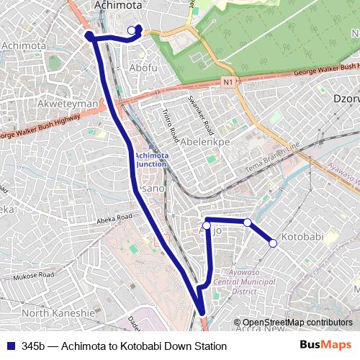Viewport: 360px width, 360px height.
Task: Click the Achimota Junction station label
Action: point(150,159)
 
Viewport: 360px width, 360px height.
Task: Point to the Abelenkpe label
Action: point(205,142)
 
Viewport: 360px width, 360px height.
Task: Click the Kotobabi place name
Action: point(302,237)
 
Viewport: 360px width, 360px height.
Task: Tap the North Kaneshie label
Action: point(58,313)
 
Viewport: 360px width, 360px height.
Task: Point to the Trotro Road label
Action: point(170,125)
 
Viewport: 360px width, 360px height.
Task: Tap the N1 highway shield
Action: point(229,83)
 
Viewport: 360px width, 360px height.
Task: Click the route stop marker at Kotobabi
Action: point(273,243)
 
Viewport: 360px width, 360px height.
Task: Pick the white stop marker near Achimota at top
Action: point(131,30)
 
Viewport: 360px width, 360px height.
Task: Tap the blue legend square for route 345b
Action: point(10,346)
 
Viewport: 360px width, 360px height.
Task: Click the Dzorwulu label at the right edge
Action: point(346,97)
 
